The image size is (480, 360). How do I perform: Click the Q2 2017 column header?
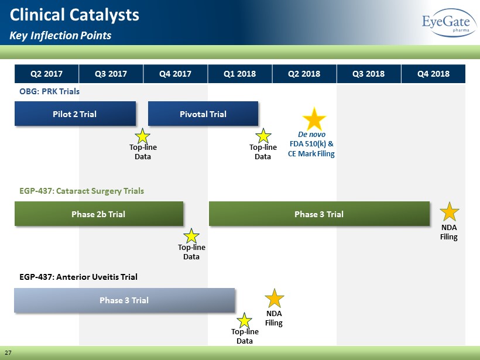46,74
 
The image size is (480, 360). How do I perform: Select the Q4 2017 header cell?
176,74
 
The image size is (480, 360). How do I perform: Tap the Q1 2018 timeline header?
240,74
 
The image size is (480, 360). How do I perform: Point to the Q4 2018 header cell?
433,74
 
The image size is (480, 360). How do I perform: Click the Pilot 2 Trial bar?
75,114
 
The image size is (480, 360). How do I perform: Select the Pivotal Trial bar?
203,114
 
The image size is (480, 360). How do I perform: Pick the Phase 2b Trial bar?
99,214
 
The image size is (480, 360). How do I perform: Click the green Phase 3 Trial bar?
319,214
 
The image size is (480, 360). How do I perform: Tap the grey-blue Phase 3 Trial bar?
124,300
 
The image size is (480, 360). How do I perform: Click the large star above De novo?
314,119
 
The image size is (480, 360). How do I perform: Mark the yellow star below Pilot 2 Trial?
143,136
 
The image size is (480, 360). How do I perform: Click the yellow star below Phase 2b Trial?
191,236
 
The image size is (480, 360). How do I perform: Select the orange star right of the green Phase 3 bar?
450,212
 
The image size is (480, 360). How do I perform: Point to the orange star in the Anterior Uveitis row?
275,299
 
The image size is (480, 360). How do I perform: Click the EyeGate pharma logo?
449,23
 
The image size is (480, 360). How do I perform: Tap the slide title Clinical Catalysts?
74,15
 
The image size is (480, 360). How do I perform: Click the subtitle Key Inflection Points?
60,36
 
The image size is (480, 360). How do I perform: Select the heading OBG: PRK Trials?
49,91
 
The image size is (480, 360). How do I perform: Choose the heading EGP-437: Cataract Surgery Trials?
81,191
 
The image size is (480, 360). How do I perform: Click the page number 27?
8,352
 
